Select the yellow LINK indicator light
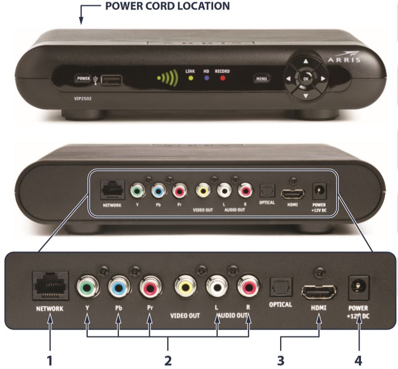[x=190, y=77]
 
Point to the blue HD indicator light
[x=206, y=77]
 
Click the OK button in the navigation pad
[x=305, y=78]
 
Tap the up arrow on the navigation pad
[x=305, y=62]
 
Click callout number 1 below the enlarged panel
[x=49, y=362]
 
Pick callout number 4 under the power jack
[x=359, y=362]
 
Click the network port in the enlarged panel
[x=50, y=286]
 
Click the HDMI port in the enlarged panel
[x=319, y=292]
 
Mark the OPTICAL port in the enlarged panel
[x=280, y=287]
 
